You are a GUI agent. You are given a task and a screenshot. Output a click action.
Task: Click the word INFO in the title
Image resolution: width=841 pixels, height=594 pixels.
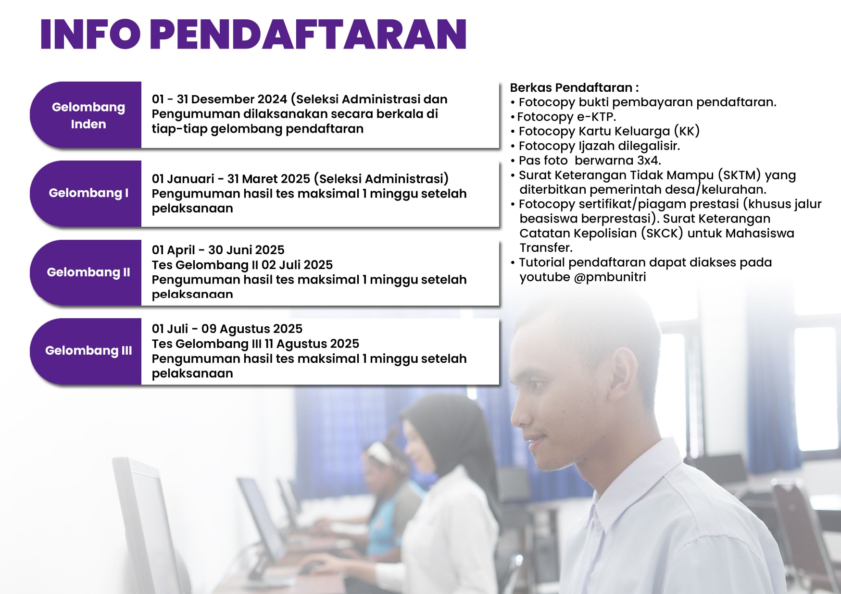(x=90, y=34)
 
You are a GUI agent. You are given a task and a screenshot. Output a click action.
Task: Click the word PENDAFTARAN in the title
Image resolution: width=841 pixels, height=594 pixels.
(x=308, y=34)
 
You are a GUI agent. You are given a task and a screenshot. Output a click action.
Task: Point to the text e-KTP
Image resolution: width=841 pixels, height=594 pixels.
(x=595, y=117)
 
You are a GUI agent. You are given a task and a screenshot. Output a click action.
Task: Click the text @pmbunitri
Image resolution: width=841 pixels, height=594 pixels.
(x=610, y=277)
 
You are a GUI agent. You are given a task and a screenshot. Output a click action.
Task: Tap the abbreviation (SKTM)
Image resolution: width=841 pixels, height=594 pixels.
(x=739, y=175)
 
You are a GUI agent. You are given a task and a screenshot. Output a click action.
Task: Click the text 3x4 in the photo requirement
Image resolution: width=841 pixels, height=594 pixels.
(x=647, y=161)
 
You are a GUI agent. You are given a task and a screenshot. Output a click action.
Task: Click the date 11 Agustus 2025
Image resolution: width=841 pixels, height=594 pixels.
(x=312, y=344)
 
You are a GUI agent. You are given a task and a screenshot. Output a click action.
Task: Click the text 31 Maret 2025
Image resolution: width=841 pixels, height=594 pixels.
(x=269, y=179)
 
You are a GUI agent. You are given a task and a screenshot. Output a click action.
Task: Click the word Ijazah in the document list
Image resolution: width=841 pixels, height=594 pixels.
(x=599, y=146)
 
